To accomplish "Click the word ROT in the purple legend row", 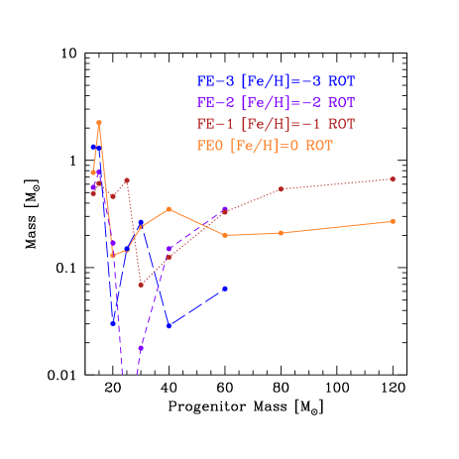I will (x=341, y=102).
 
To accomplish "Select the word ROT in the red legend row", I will (x=341, y=124).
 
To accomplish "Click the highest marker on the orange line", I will (x=99, y=123).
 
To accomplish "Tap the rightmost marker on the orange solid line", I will (x=394, y=221).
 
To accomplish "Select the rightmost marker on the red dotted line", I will (x=394, y=179).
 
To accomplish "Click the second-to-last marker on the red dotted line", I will (x=282, y=188).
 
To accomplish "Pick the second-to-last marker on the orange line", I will (x=282, y=233).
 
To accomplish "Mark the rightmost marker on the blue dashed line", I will (x=225, y=288).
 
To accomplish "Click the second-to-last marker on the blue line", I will (x=170, y=325).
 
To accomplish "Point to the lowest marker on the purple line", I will (x=141, y=349).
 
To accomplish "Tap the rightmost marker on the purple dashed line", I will (x=225, y=209).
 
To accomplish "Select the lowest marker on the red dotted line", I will (x=141, y=285).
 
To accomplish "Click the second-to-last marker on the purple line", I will (x=170, y=248).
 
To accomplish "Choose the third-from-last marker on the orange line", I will (x=225, y=235).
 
